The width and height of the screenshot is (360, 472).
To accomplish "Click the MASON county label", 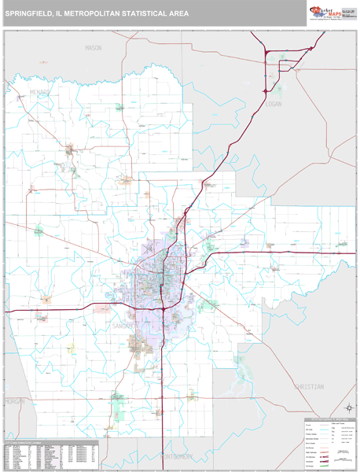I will click(94, 48).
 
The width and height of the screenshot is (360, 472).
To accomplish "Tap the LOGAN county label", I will click(274, 104).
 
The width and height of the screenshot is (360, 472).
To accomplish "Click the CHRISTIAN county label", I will click(308, 387).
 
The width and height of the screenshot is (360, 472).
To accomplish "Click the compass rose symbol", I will click(347, 407).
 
